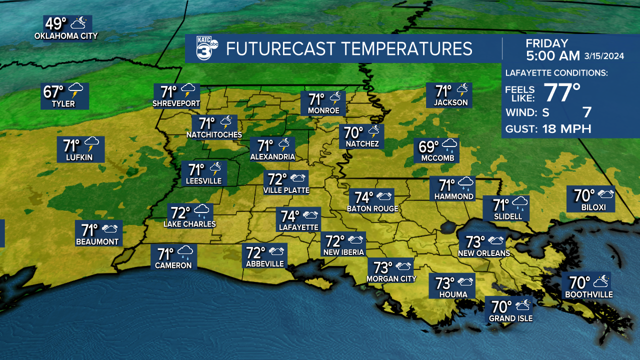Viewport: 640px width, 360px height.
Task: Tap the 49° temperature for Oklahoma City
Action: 55,23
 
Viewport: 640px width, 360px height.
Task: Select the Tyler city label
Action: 63,104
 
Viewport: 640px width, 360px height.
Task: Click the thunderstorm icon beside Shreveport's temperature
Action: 189,91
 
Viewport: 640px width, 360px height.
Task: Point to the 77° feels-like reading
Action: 562,92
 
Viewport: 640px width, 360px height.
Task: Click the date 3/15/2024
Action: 604,56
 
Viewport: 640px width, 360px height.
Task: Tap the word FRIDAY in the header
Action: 547,43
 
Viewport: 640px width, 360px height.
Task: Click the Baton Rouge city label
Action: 373,208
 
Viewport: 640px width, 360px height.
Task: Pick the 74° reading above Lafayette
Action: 289,216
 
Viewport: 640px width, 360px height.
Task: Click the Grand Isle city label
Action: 510,318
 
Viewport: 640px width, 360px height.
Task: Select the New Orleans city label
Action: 484,253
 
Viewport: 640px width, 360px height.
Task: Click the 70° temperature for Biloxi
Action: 584,194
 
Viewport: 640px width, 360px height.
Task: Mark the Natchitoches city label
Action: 214,134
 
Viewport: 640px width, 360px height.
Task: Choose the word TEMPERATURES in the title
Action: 407,48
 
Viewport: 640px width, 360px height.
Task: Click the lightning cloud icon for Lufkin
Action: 92,145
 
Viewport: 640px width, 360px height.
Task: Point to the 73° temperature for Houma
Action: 444,283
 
